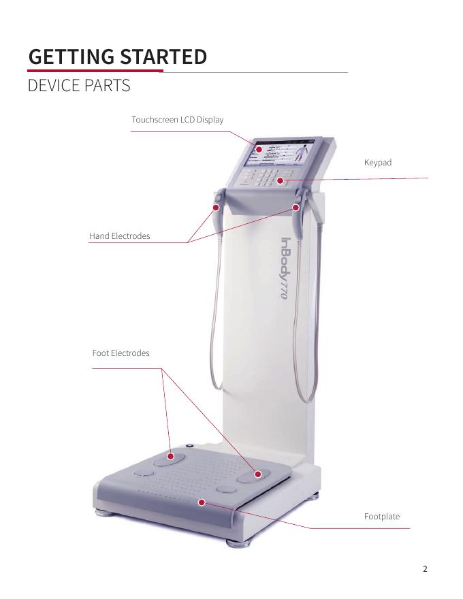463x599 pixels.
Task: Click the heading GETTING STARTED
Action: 117,56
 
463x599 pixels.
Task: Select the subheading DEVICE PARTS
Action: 78,87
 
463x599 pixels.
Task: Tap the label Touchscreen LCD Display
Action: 177,120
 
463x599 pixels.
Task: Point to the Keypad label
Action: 378,163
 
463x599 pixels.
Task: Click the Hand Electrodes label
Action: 119,236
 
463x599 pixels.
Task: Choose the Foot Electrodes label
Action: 121,353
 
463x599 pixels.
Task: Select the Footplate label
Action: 382,517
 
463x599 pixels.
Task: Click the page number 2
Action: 426,569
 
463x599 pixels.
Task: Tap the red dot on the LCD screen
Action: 259,148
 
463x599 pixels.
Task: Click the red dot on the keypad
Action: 280,180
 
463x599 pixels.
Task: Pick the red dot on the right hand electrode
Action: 296,206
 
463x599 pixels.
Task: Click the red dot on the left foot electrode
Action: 171,456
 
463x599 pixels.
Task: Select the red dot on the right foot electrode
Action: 258,474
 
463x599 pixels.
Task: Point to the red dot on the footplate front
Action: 202,502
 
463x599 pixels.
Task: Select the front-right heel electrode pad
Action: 225,488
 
